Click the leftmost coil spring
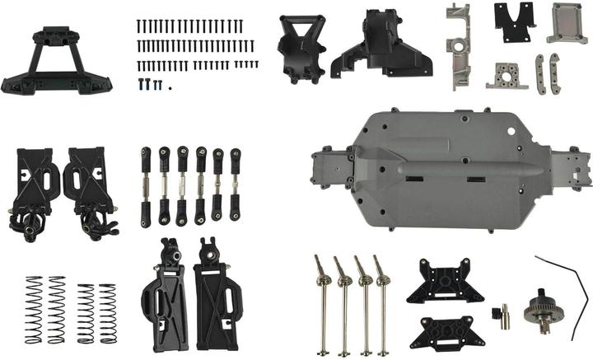pyautogui.click(x=33, y=308)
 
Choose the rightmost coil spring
pyautogui.click(x=108, y=313)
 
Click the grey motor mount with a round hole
pyautogui.click(x=506, y=77)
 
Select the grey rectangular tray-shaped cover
pyautogui.click(x=567, y=22)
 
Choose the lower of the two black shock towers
pyautogui.click(x=446, y=330)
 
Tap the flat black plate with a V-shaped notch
pyautogui.click(x=514, y=23)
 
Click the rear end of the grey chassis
pyautogui.click(x=577, y=169)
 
